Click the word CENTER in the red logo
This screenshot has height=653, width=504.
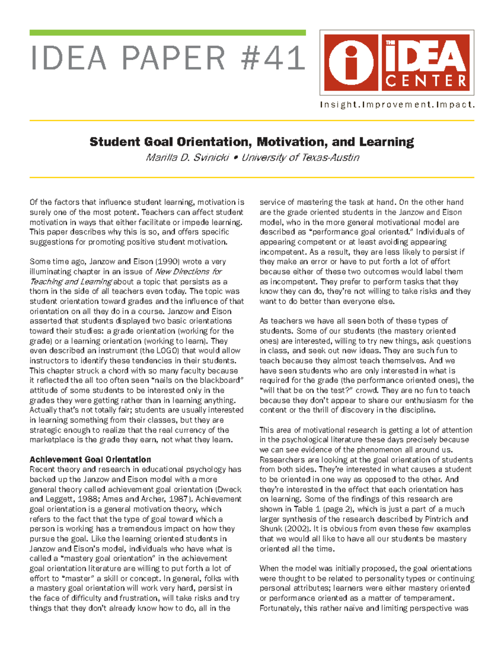(426, 81)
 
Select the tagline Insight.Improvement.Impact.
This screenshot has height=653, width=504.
(397, 105)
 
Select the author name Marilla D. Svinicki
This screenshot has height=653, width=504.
(187, 158)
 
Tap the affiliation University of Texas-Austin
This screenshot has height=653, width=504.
(300, 158)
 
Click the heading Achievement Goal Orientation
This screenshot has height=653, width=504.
(90, 460)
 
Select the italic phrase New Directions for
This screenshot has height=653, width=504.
(189, 272)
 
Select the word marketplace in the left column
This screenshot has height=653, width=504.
(50, 440)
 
